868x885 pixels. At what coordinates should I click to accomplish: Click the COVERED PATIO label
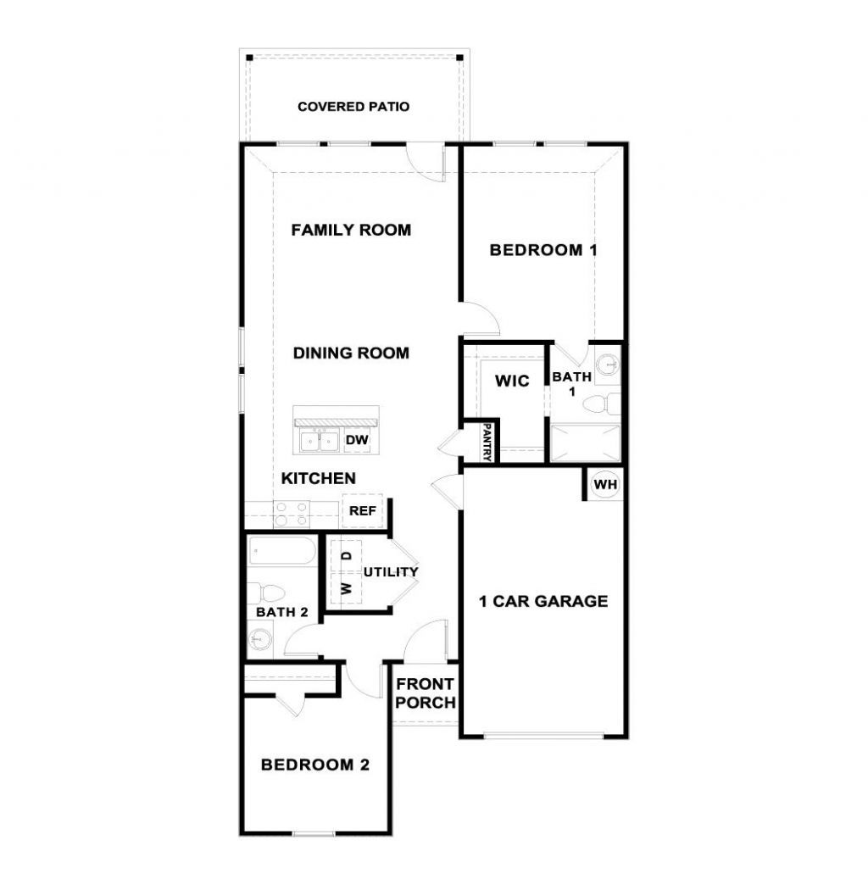click(353, 107)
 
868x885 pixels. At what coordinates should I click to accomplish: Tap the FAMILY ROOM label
click(351, 230)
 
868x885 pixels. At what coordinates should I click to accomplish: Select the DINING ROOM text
click(351, 353)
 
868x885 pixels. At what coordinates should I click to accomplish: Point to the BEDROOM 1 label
click(542, 249)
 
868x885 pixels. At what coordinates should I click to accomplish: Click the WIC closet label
click(512, 381)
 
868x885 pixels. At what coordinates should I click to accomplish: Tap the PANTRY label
click(487, 442)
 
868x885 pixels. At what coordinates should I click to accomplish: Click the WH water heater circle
click(605, 484)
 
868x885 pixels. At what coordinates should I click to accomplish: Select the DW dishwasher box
click(357, 440)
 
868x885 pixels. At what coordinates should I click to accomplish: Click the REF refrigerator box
click(362, 511)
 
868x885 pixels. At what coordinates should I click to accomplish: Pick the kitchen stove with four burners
click(292, 515)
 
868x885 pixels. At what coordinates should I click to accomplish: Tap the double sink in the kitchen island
click(319, 441)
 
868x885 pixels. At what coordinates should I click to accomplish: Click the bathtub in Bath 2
click(282, 550)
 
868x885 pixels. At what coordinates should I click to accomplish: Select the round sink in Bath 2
click(260, 639)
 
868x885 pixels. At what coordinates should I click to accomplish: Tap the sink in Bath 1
click(608, 365)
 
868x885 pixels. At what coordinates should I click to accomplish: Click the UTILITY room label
click(391, 571)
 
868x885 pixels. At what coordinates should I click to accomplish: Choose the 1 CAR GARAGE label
click(543, 601)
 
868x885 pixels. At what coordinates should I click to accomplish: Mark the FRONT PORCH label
click(426, 693)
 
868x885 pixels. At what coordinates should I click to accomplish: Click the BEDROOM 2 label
click(315, 765)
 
